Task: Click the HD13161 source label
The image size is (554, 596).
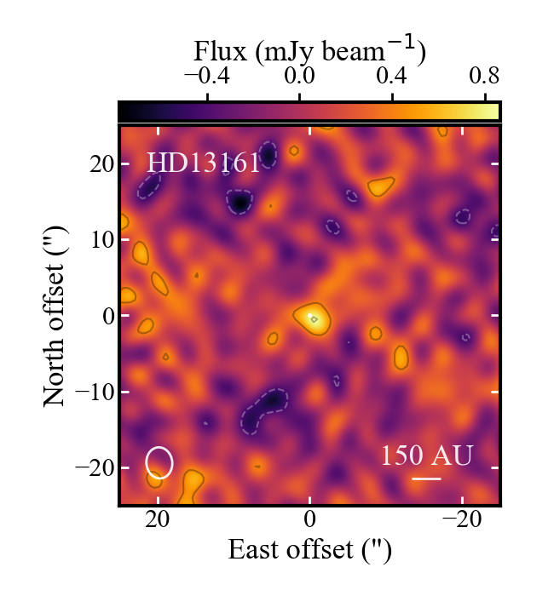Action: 203,163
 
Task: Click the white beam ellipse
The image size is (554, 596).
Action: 159,461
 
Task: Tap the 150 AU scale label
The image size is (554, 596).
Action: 426,456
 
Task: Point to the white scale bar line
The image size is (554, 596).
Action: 426,479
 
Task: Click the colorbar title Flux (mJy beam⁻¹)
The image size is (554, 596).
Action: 309,53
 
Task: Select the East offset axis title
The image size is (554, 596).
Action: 309,550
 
